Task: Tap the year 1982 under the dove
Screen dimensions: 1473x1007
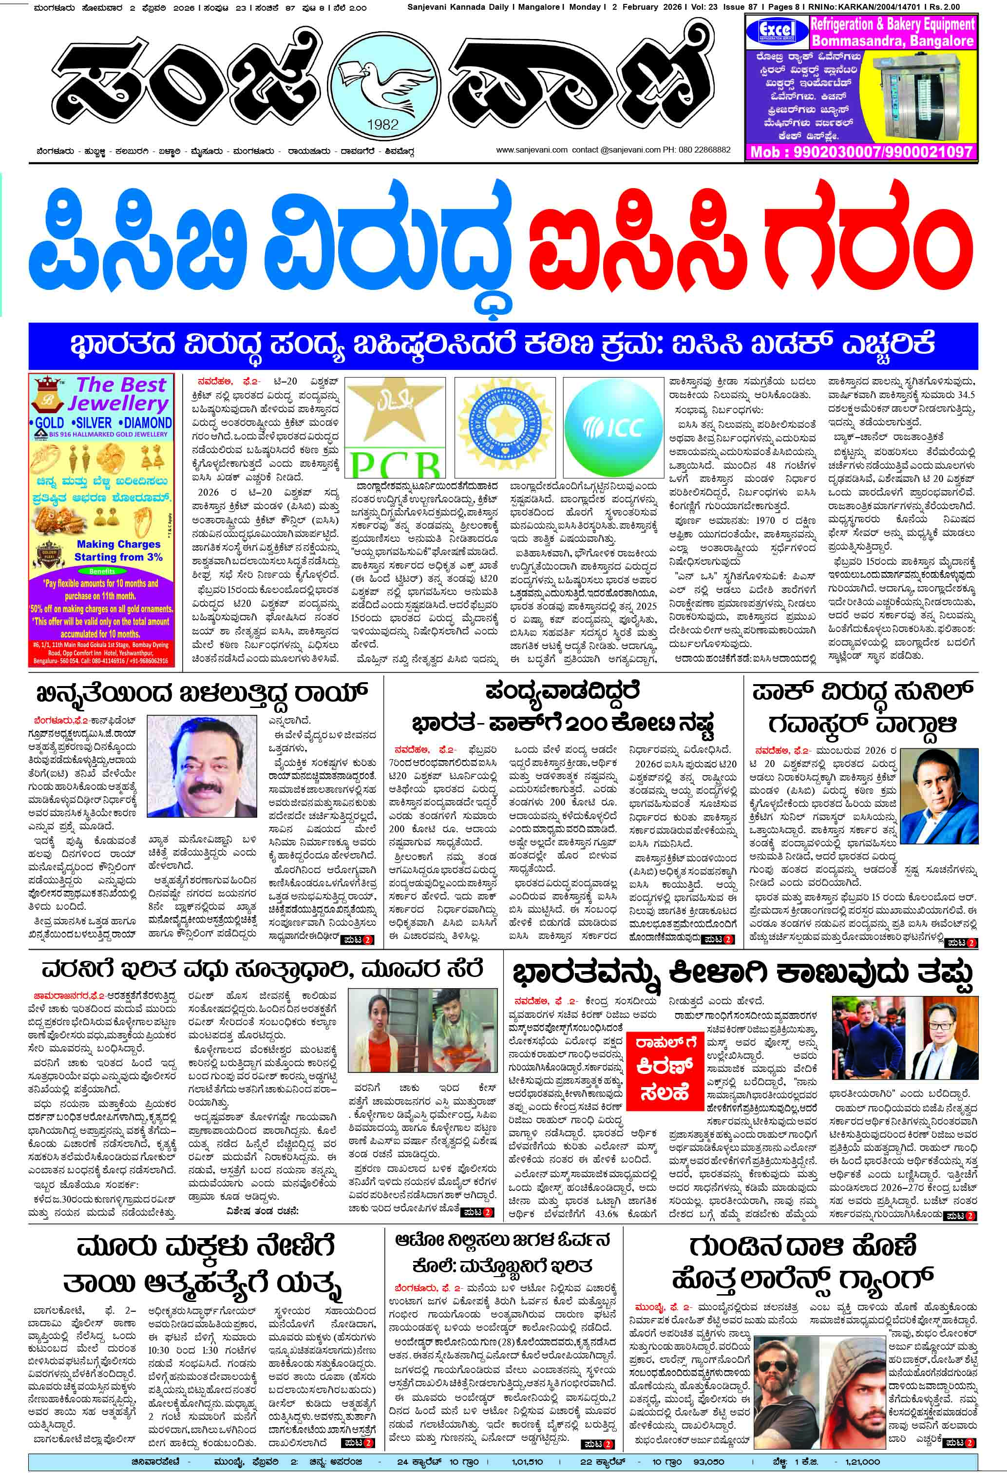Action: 382,124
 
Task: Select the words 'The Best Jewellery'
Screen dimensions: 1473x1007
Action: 120,394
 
